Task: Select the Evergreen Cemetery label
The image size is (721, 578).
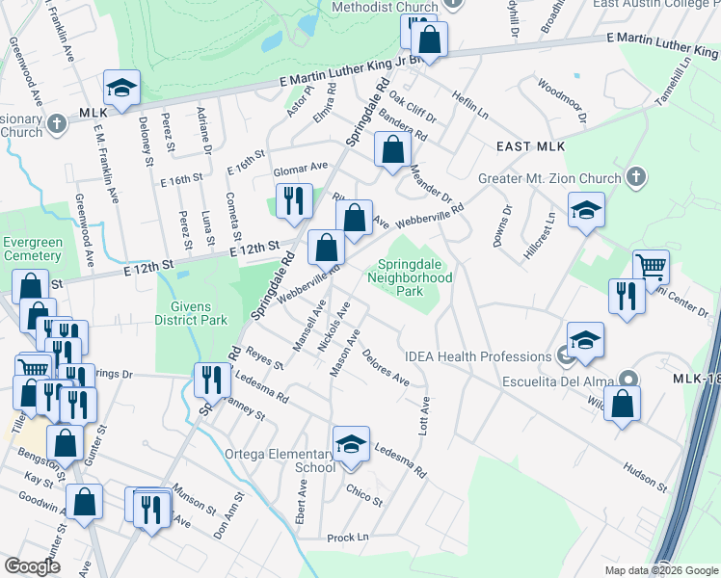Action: [x=32, y=249]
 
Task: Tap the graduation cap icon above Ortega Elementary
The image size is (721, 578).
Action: [x=352, y=445]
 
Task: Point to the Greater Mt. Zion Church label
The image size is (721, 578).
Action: [x=549, y=178]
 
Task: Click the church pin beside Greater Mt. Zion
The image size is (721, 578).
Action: [x=634, y=177]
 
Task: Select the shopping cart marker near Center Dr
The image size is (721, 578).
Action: [x=652, y=267]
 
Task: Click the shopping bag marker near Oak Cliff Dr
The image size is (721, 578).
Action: [x=392, y=149]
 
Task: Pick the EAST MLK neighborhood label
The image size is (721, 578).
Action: [x=530, y=146]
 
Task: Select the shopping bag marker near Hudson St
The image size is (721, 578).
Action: [x=624, y=404]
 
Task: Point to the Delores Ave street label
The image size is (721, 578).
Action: [x=386, y=369]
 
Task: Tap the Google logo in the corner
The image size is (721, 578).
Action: [x=32, y=566]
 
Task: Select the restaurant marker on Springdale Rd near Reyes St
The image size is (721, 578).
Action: [x=209, y=380]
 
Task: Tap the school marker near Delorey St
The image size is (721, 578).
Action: [x=122, y=88]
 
